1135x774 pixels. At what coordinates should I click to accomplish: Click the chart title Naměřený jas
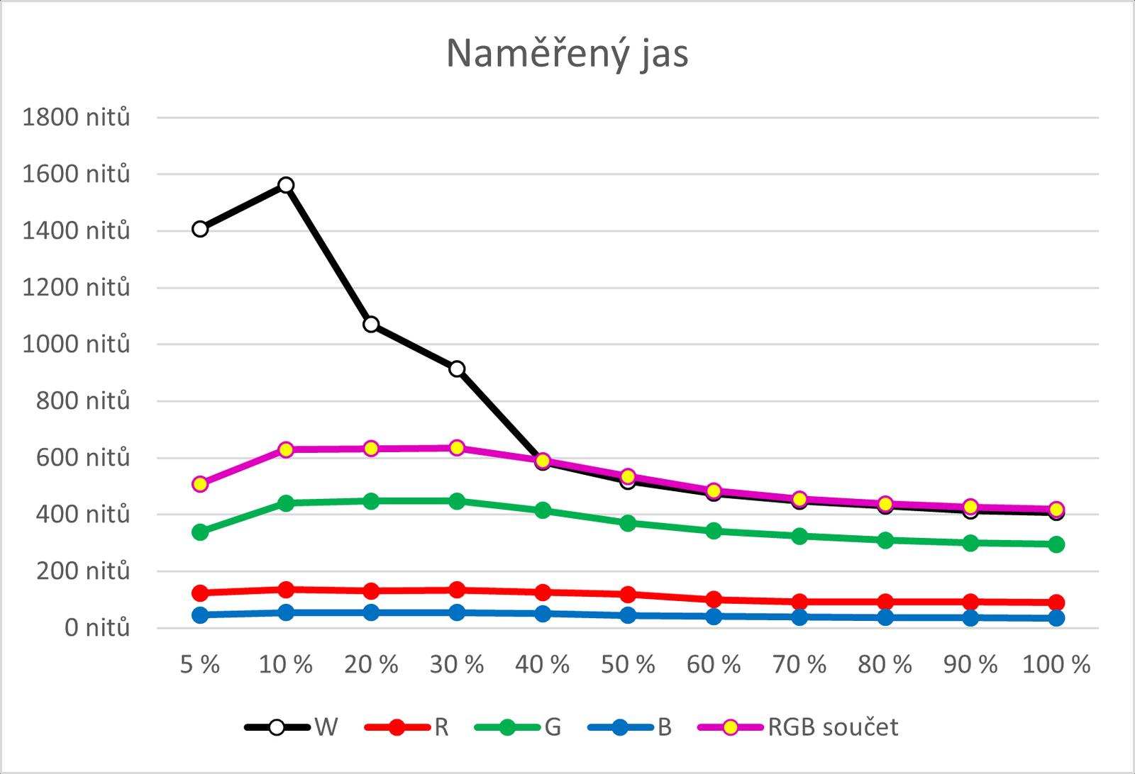567,54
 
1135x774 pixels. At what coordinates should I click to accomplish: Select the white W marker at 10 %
286,185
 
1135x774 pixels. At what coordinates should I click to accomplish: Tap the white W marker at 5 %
200,229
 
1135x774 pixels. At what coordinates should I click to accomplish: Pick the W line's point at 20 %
371,325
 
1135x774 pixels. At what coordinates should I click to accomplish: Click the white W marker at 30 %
457,369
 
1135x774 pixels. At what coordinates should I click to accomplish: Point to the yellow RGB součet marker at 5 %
200,484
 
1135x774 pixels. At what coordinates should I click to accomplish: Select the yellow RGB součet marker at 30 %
457,448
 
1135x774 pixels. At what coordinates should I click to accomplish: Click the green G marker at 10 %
286,503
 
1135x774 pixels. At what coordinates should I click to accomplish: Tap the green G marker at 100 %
1056,544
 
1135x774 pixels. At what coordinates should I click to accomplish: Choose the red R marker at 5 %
200,593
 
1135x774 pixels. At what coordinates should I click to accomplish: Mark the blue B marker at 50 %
628,615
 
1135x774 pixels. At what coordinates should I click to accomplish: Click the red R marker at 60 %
714,600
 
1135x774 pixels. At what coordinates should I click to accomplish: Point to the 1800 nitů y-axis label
77,117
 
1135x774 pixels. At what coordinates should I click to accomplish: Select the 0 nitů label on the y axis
98,628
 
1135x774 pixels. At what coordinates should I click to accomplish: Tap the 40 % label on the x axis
543,665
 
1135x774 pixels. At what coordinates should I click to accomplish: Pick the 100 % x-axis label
1056,665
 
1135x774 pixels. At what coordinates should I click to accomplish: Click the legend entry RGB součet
833,727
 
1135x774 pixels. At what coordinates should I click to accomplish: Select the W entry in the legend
326,727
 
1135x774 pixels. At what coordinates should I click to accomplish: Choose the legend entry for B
665,727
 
